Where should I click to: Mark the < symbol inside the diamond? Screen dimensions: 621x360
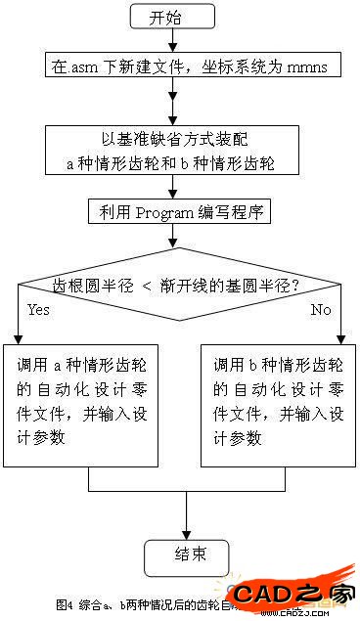click(172, 286)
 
